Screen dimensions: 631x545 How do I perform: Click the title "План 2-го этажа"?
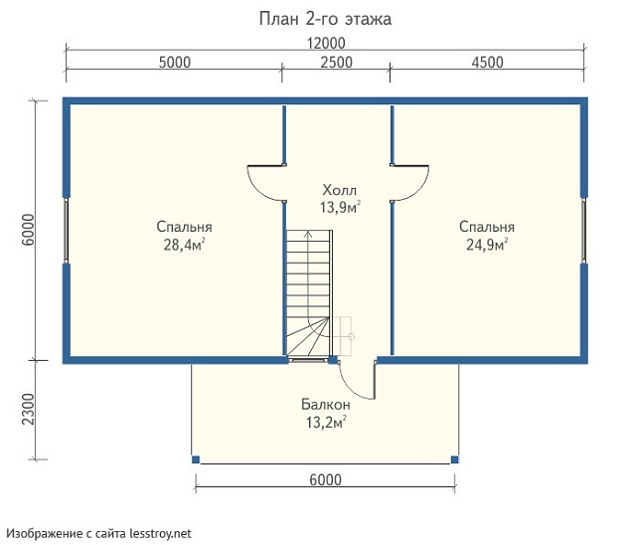click(x=325, y=19)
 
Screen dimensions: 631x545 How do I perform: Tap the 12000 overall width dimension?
click(x=326, y=43)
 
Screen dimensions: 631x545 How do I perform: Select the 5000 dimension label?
click(x=175, y=63)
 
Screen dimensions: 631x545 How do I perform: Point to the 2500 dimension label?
click(x=337, y=63)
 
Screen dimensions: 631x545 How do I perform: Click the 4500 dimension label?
click(x=487, y=63)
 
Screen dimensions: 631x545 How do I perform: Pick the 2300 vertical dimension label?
click(x=29, y=410)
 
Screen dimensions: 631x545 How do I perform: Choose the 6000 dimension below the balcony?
click(x=326, y=479)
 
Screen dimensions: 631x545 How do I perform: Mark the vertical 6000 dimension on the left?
click(x=29, y=230)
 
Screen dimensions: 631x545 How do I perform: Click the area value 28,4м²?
click(x=184, y=245)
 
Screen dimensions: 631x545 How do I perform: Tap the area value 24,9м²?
click(x=487, y=245)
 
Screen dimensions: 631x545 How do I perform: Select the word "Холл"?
click(x=339, y=190)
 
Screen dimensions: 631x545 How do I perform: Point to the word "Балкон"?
click(x=326, y=404)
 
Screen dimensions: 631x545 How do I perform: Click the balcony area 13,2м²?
click(x=326, y=423)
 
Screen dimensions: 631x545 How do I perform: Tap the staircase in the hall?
click(x=309, y=293)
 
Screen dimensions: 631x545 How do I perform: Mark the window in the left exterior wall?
click(x=67, y=231)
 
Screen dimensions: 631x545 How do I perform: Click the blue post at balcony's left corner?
click(x=196, y=459)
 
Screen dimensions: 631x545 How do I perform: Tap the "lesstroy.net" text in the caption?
click(x=160, y=534)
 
